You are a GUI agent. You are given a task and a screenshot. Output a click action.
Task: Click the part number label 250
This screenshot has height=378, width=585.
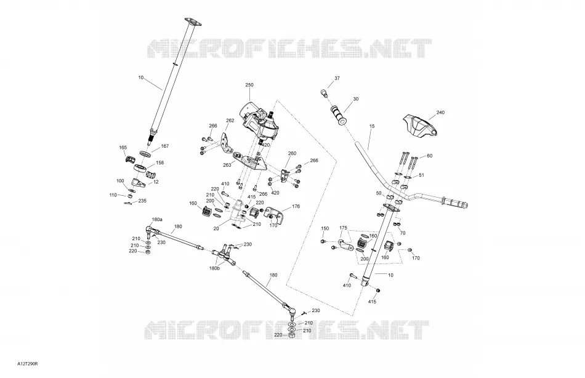click(249, 85)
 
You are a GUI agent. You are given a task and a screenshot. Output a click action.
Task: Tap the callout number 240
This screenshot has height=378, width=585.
click(440, 112)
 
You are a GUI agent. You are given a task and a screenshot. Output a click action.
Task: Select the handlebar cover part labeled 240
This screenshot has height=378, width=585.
click(420, 127)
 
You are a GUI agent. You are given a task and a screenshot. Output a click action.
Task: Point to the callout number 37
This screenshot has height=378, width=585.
click(337, 78)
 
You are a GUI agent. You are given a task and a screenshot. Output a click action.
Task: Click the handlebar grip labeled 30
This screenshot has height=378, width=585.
click(338, 115)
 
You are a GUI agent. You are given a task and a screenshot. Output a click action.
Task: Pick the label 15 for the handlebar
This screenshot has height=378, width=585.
click(371, 126)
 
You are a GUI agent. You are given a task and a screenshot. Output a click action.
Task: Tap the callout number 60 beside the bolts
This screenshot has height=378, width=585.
click(429, 156)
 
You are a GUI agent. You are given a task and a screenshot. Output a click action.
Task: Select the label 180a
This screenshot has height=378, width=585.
click(157, 219)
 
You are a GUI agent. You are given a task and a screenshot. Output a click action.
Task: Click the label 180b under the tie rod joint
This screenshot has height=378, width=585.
click(214, 268)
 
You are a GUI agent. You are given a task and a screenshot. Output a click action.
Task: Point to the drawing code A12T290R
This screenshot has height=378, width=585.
click(27, 363)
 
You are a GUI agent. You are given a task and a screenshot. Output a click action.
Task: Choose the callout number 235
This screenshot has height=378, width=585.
click(142, 201)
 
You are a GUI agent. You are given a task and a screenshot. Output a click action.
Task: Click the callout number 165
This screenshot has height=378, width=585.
click(123, 148)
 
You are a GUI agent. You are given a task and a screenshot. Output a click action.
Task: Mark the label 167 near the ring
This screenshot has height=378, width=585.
click(165, 147)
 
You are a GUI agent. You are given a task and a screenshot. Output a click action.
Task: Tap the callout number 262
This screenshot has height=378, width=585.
click(230, 121)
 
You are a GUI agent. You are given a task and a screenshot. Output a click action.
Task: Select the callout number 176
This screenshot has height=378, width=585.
click(296, 206)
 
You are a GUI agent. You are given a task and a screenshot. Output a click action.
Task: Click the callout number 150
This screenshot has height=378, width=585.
click(325, 228)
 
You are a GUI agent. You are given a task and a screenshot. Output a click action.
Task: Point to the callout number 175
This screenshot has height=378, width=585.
click(343, 228)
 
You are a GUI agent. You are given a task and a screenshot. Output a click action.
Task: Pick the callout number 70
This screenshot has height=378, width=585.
click(403, 233)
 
